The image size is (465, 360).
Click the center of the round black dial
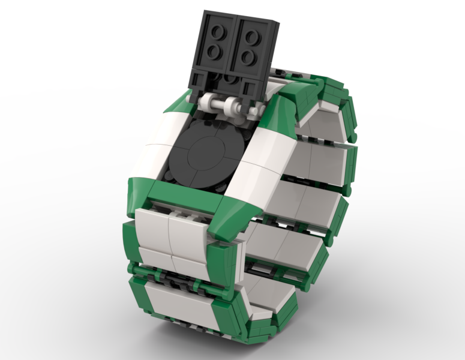pyautogui.click(x=206, y=154)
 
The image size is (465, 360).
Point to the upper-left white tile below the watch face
pyautogui.click(x=152, y=224)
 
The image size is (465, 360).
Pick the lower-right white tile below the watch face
pyautogui.click(x=190, y=264)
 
